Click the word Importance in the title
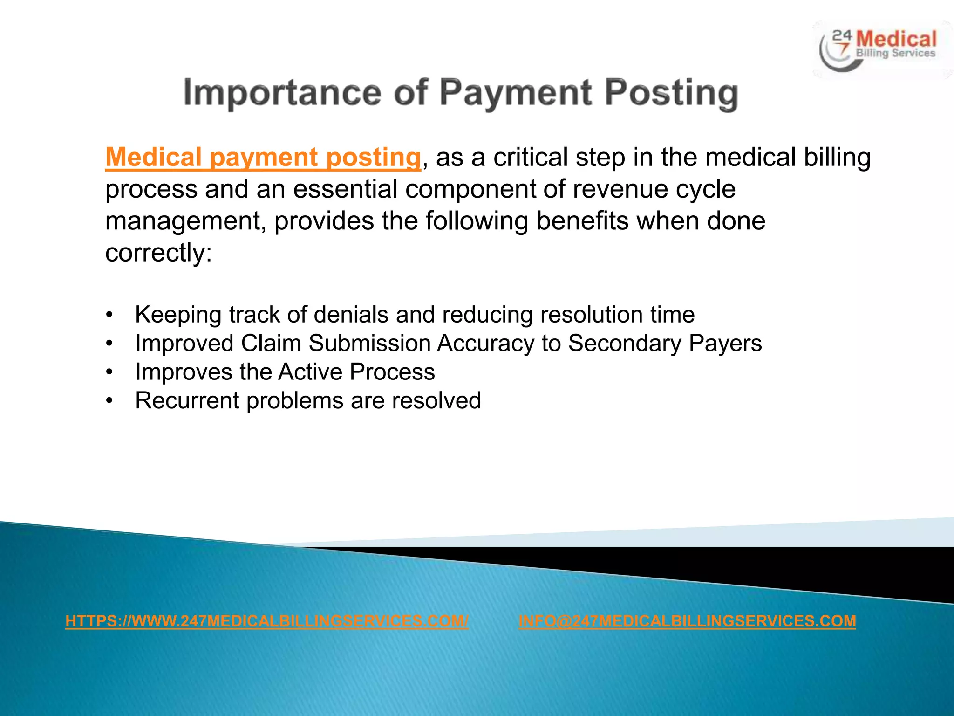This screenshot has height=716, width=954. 282,93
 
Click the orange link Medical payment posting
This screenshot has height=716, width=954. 263,157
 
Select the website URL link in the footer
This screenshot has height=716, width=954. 267,621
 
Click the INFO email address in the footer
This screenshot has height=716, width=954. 687,621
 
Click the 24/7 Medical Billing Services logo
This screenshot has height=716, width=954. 881,49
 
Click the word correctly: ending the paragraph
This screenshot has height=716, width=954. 158,253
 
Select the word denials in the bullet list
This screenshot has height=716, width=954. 351,315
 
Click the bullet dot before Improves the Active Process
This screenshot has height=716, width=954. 109,372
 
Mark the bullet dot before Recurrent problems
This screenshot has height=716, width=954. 109,400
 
